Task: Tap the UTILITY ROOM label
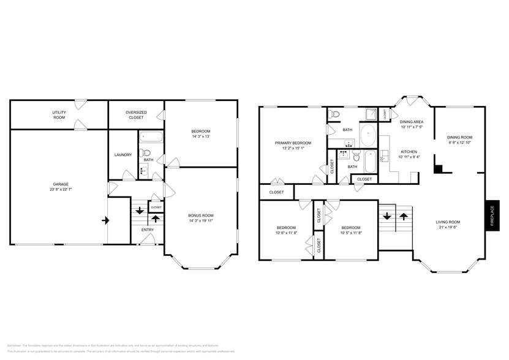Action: click(59, 114)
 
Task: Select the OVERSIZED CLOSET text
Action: click(136, 114)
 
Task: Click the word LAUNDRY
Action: click(123, 155)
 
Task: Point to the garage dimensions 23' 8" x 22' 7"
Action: click(60, 189)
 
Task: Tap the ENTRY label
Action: click(148, 230)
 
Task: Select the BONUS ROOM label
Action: click(200, 215)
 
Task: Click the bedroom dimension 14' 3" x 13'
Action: click(200, 137)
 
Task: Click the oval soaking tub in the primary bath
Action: click(369, 135)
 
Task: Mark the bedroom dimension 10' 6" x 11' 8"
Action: click(285, 233)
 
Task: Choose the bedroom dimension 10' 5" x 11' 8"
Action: click(351, 233)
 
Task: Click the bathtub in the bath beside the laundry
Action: click(150, 138)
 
